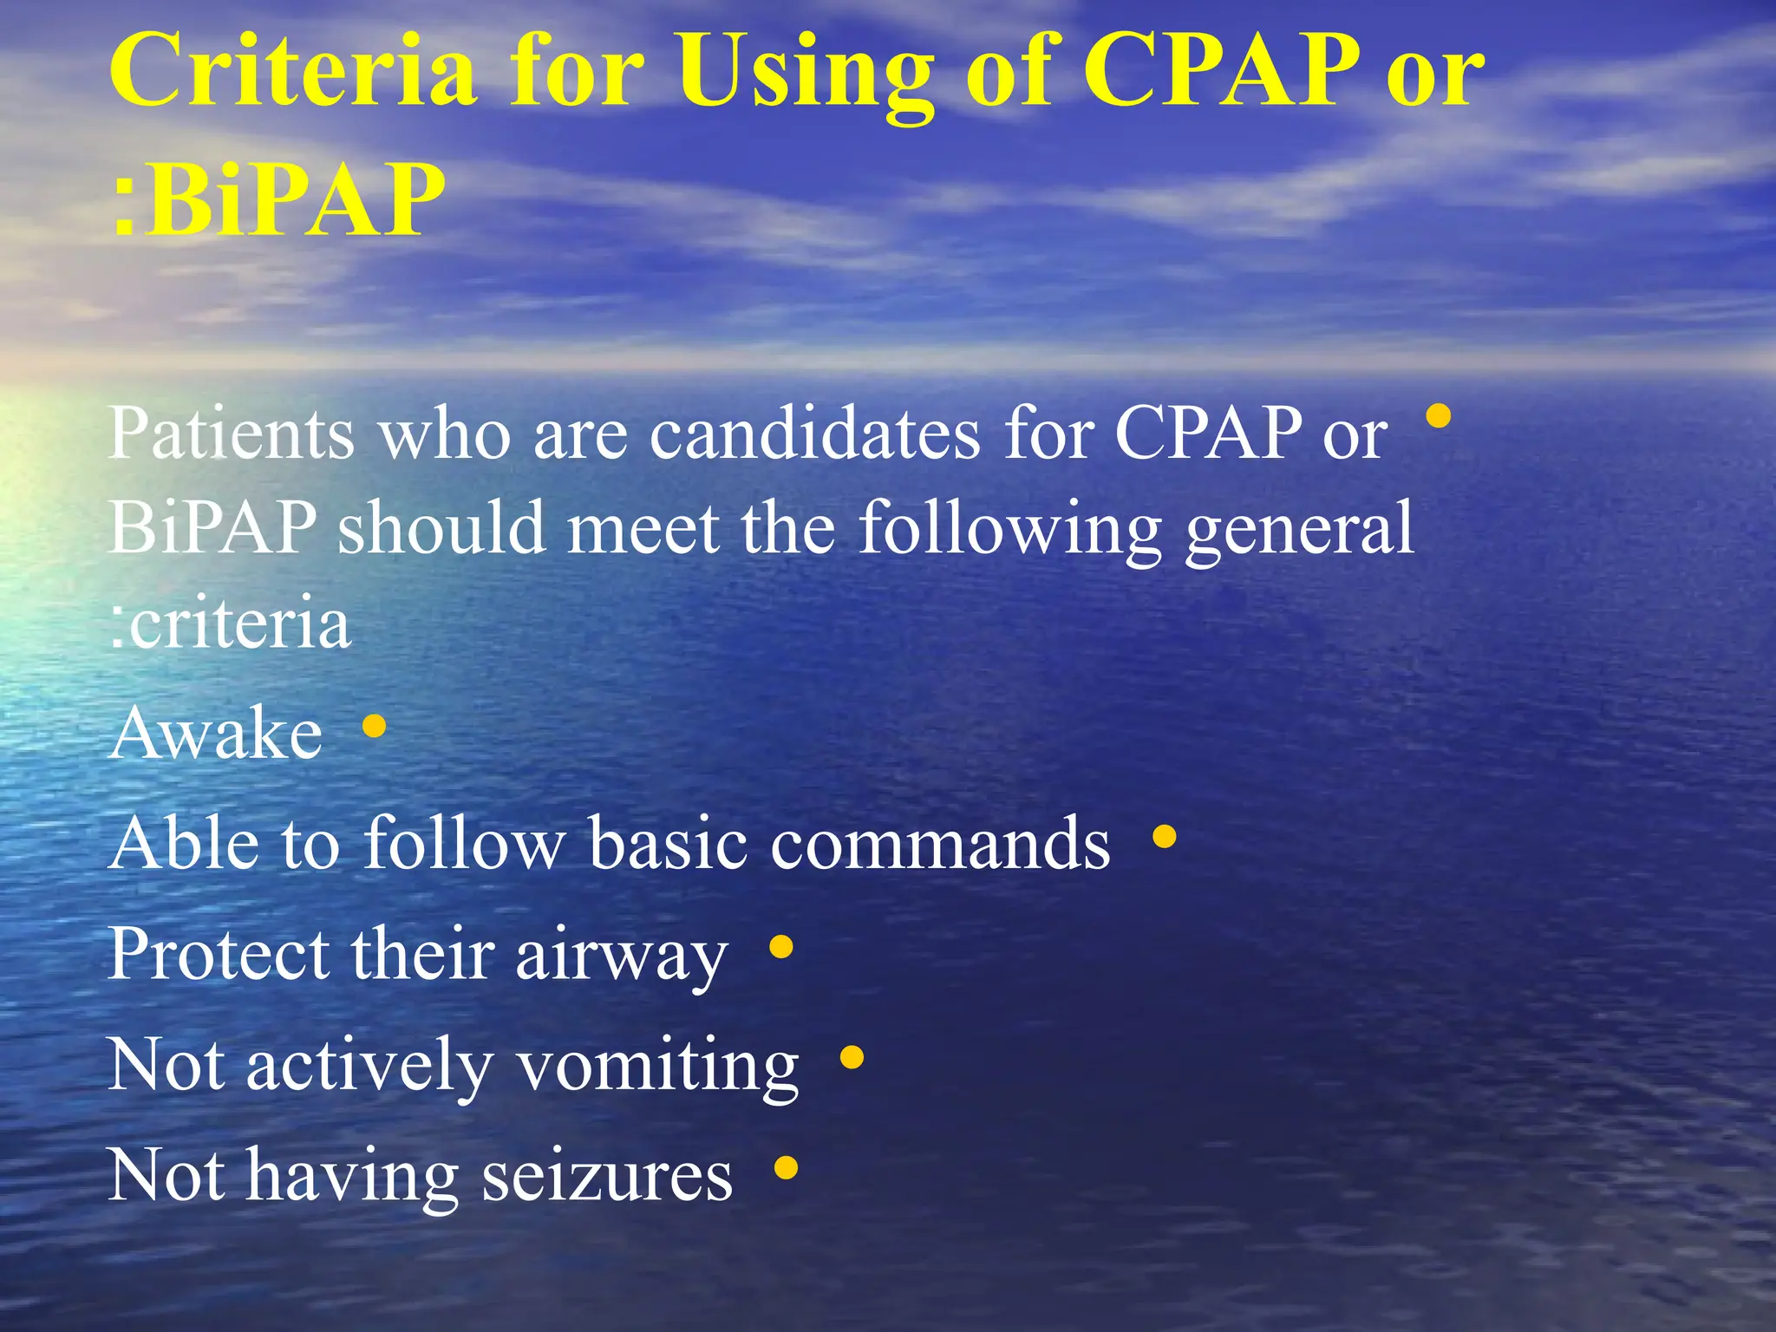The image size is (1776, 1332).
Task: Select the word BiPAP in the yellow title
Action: point(295,199)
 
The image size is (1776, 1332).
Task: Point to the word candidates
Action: point(815,433)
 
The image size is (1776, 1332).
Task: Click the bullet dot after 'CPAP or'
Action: point(1438,417)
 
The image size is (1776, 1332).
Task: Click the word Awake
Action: point(217,734)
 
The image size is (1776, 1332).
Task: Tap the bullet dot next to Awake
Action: point(374,726)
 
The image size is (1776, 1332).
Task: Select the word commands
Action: point(940,843)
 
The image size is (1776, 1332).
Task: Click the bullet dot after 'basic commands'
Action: point(1164,837)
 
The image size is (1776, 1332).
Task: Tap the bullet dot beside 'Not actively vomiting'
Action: point(852,1058)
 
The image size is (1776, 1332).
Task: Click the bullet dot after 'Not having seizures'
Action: point(786,1168)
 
